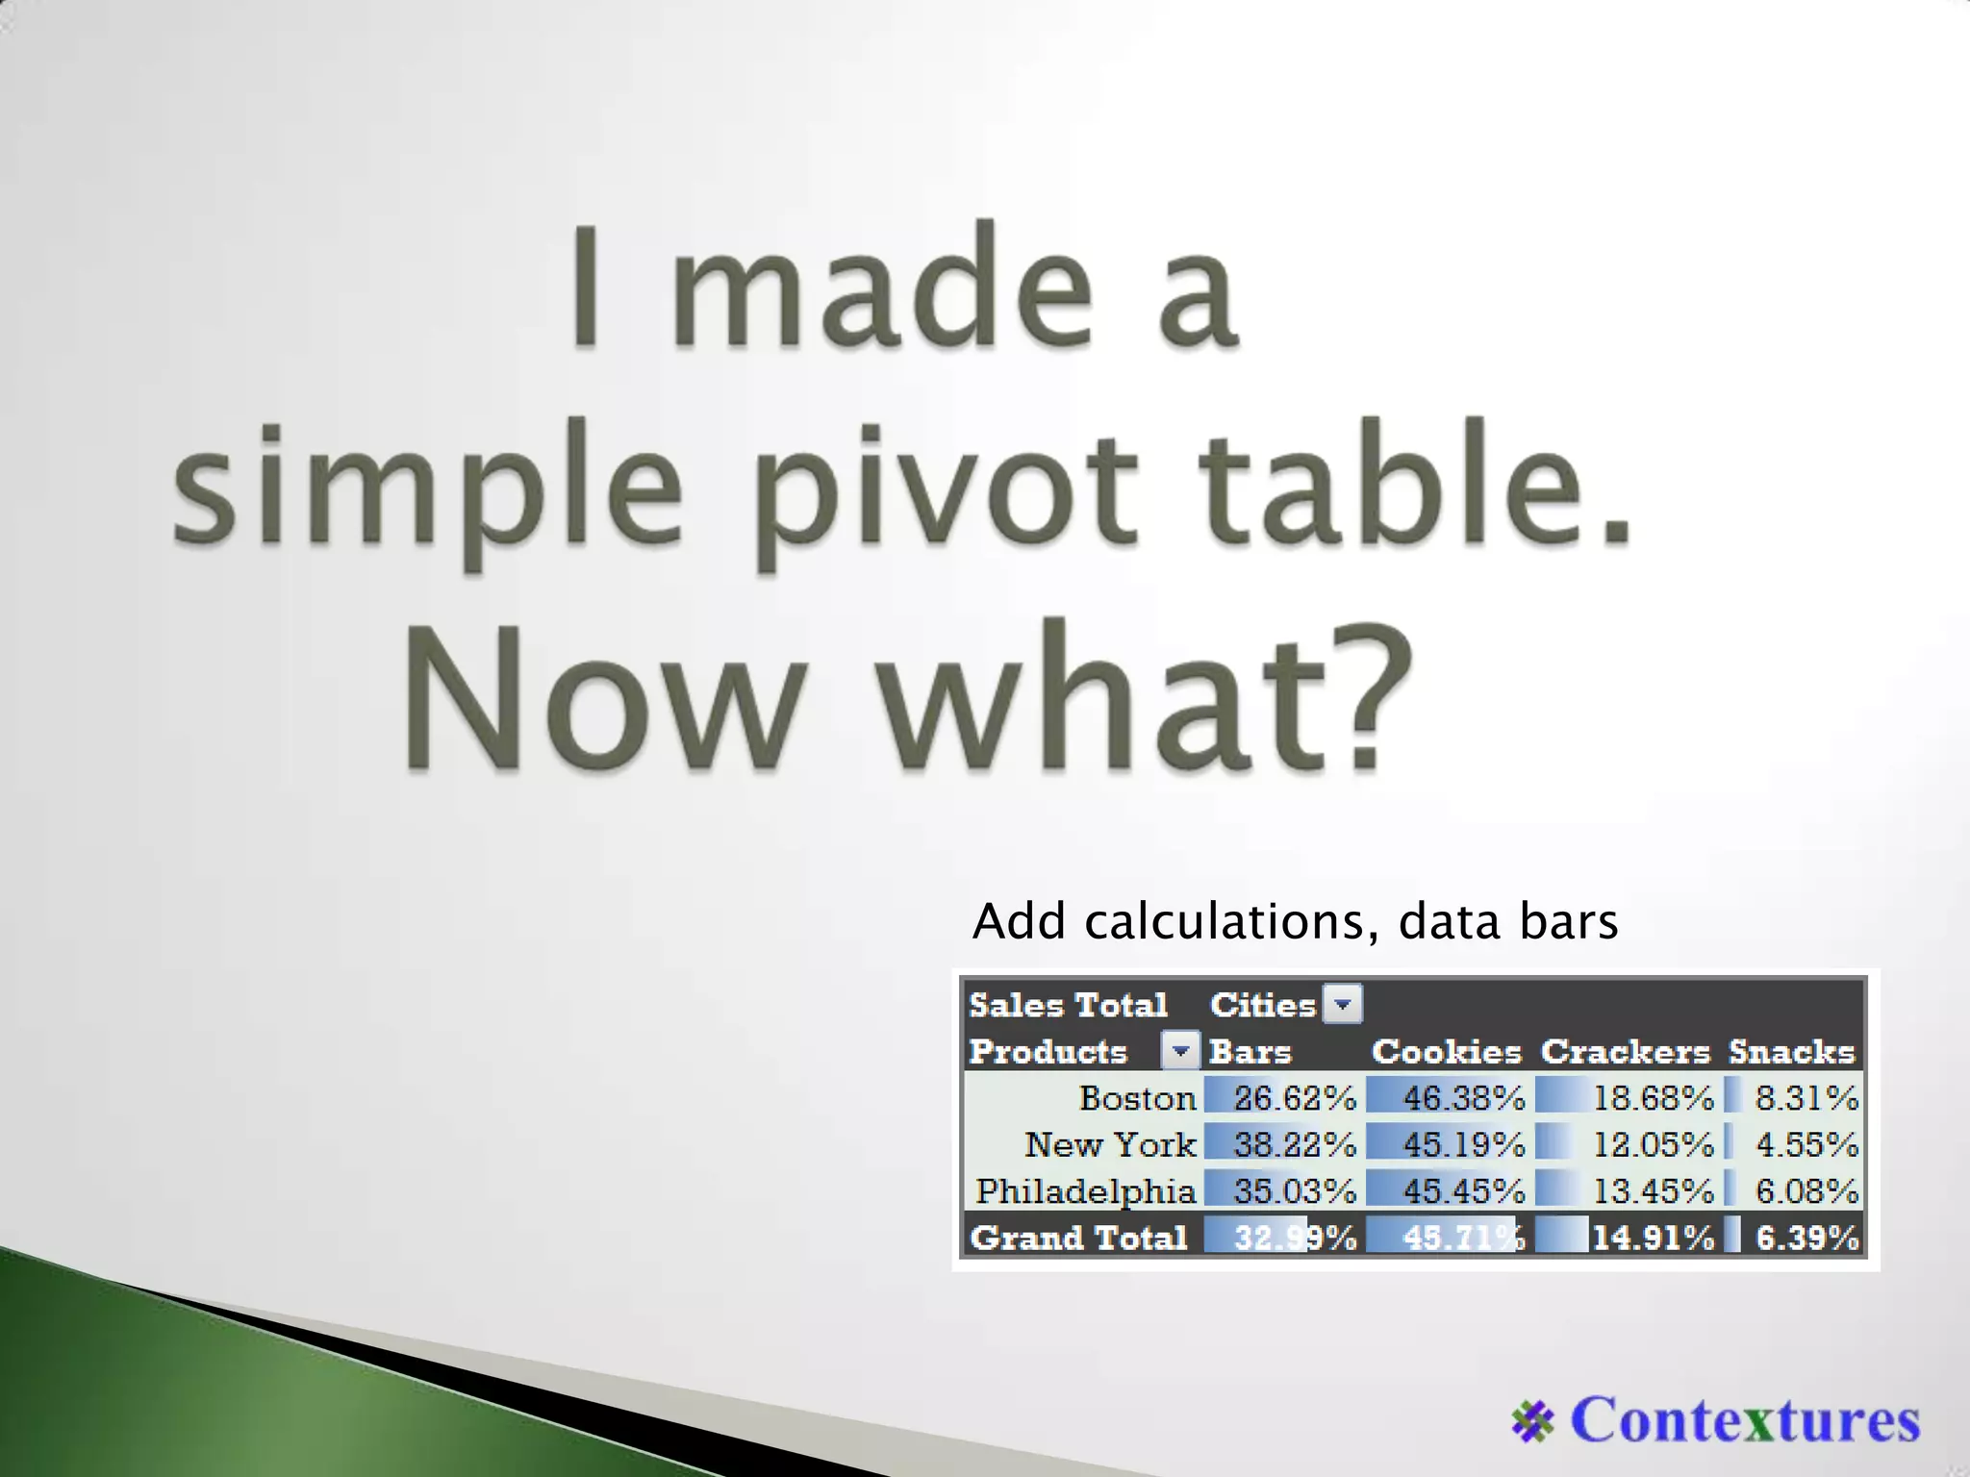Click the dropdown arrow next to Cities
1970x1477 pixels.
pyautogui.click(x=1343, y=1005)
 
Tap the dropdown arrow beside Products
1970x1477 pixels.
pyautogui.click(x=1180, y=1051)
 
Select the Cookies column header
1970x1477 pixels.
pyautogui.click(x=1446, y=1052)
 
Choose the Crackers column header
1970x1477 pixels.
pyautogui.click(x=1626, y=1052)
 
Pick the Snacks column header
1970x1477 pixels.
pyautogui.click(x=1791, y=1052)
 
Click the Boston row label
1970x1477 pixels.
pyautogui.click(x=1137, y=1098)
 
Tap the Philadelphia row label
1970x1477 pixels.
pyautogui.click(x=1085, y=1191)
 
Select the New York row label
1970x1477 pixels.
pyautogui.click(x=1110, y=1144)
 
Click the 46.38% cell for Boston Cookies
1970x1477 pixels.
pyautogui.click(x=1463, y=1098)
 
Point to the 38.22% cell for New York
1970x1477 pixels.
pyautogui.click(x=1294, y=1144)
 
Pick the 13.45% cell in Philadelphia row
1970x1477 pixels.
pyautogui.click(x=1653, y=1191)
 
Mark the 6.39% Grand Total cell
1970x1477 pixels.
pyautogui.click(x=1806, y=1238)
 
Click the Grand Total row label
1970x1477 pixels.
pyautogui.click(x=1078, y=1238)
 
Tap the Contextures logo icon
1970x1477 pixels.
pyautogui.click(x=1532, y=1422)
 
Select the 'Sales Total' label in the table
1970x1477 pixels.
pyautogui.click(x=1068, y=1005)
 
